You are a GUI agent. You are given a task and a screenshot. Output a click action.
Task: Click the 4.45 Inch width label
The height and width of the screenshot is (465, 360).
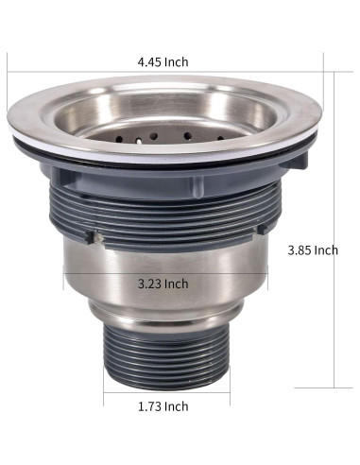pyautogui.click(x=162, y=62)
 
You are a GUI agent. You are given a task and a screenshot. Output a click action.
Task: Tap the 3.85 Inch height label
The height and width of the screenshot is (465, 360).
pyautogui.click(x=312, y=250)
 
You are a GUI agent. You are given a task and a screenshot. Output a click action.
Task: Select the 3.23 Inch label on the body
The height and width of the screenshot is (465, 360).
pyautogui.click(x=162, y=284)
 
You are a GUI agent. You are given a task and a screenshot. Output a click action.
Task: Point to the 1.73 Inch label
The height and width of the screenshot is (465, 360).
pyautogui.click(x=162, y=405)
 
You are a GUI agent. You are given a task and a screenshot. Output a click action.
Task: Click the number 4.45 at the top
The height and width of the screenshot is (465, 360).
pyautogui.click(x=149, y=62)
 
